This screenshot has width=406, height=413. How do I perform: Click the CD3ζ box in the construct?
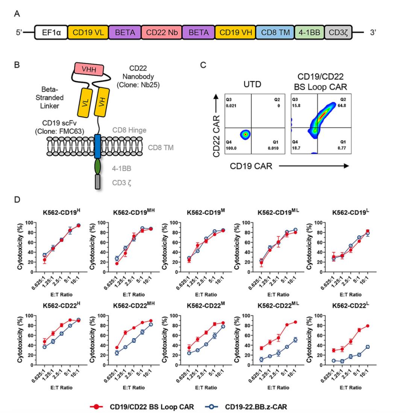(x=339, y=33)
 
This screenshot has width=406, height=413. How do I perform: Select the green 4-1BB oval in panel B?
(x=98, y=166)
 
